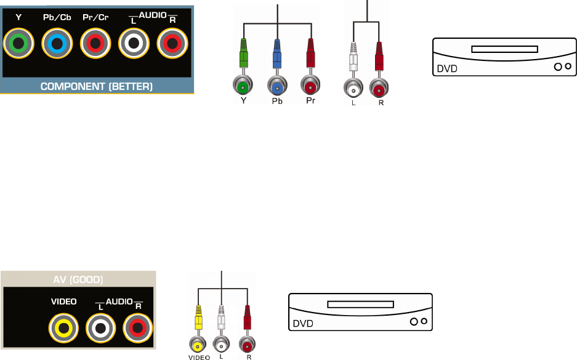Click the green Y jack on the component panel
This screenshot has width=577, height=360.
point(18,43)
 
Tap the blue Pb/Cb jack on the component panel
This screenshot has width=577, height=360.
point(57,43)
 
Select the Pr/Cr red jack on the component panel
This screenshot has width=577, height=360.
point(95,43)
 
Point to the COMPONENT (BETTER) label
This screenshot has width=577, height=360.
point(97,87)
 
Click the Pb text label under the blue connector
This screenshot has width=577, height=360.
point(277,102)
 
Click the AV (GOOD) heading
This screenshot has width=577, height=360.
point(78,279)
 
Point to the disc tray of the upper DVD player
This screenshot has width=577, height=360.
point(504,49)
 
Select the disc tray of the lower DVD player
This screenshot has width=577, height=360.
point(360,304)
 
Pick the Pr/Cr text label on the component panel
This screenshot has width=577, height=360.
point(95,18)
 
